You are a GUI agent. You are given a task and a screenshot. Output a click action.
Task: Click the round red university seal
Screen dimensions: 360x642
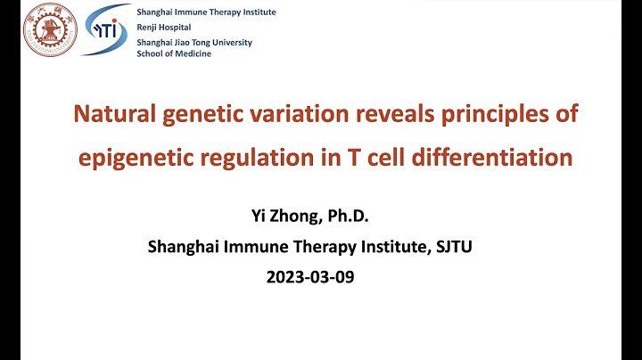coord(50,30)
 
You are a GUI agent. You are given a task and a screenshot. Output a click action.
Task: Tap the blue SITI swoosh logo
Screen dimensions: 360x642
coord(106,30)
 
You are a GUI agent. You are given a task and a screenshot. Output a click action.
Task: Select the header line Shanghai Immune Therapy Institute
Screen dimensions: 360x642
coord(206,12)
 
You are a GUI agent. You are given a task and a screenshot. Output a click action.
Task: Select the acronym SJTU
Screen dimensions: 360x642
coord(451,247)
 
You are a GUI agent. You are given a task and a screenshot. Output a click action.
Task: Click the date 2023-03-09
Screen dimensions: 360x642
coord(310,276)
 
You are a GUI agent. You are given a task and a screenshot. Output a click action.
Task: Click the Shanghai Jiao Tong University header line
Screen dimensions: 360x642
coord(194,42)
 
